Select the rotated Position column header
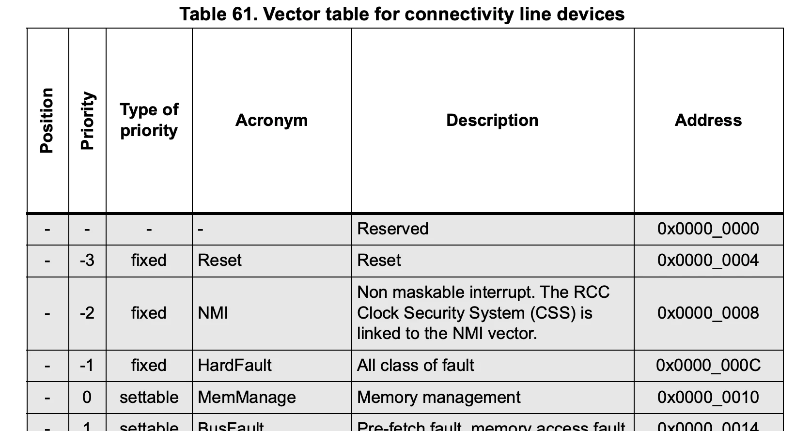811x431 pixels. point(47,121)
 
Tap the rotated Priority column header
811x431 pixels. point(87,121)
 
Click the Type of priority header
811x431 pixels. point(149,120)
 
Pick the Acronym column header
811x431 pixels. point(271,120)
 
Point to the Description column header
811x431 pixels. point(492,120)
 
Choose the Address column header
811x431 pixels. point(708,120)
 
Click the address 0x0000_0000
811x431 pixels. point(708,229)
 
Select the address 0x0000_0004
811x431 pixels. point(708,261)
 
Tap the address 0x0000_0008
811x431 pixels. point(708,313)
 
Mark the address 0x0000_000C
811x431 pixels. point(708,365)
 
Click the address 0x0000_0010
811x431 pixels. point(708,397)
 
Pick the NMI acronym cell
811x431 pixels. point(213,313)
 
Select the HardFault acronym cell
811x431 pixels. point(234,365)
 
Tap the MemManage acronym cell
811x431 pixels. point(247,397)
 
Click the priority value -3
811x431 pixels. point(87,261)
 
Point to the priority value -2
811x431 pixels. point(87,313)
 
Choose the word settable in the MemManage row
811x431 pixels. point(149,397)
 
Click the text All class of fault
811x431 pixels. point(415,365)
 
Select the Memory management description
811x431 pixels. point(438,397)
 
